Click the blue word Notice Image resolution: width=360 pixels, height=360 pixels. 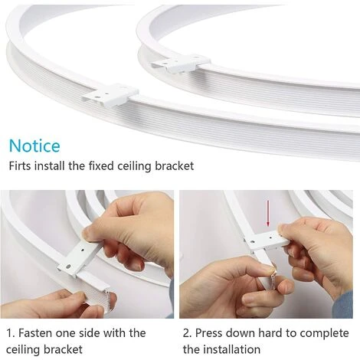34,146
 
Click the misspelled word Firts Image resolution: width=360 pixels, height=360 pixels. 20,166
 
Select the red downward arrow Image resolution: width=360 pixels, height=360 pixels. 268,214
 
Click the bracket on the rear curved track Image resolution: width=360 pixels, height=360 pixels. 181,63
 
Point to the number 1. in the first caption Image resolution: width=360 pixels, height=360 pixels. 11,333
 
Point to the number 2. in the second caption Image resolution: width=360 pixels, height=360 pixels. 188,333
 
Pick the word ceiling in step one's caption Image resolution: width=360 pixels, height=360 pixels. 23,349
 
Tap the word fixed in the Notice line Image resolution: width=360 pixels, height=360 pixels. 101,166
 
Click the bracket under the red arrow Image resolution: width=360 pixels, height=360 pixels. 267,241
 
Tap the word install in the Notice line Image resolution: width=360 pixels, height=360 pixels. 49,166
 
